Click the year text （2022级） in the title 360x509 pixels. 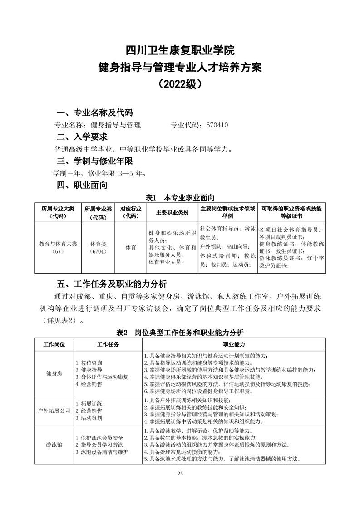180,84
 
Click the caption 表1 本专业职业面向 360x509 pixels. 180,198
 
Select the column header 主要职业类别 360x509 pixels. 172,212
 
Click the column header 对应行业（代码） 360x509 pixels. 130,212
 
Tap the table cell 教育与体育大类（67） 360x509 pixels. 58,247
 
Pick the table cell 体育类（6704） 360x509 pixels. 98,247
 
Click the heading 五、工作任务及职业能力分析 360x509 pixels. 112,284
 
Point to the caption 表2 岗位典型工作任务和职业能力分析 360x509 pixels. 180,332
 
